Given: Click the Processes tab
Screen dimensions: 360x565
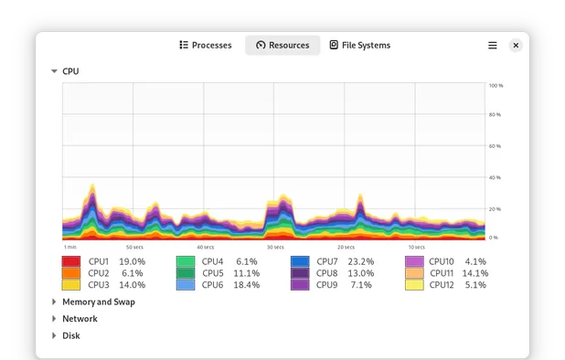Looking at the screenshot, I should pyautogui.click(x=206, y=45).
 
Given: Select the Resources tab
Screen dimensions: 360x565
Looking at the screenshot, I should pyautogui.click(x=282, y=45).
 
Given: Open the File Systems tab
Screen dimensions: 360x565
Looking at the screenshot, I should pyautogui.click(x=359, y=45).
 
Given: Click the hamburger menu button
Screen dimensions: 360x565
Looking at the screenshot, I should pyautogui.click(x=493, y=45).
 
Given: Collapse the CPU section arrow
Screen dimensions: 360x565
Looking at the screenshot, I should pyautogui.click(x=54, y=71).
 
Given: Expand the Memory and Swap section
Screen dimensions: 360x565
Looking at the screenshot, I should pyautogui.click(x=54, y=302).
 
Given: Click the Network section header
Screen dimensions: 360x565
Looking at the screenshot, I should pyautogui.click(x=80, y=319).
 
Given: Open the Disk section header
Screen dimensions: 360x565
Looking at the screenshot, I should pyautogui.click(x=70, y=335).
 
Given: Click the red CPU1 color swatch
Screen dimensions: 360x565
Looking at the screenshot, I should pyautogui.click(x=71, y=261).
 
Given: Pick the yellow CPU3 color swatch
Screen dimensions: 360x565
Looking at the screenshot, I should pyautogui.click(x=71, y=285).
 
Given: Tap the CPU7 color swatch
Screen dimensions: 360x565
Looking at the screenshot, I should pyautogui.click(x=300, y=261).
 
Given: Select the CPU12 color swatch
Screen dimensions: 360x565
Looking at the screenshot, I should pyautogui.click(x=414, y=285).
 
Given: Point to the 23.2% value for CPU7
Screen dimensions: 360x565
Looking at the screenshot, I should pyautogui.click(x=360, y=261).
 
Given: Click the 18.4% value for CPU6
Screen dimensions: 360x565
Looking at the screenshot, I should pyautogui.click(x=246, y=285).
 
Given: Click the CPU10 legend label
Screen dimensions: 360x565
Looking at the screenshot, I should pyautogui.click(x=441, y=261).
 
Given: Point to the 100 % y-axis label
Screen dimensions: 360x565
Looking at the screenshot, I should pyautogui.click(x=496, y=86).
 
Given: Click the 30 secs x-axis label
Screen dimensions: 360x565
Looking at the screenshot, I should pyautogui.click(x=275, y=247).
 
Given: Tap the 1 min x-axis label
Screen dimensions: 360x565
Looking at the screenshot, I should pyautogui.click(x=70, y=247).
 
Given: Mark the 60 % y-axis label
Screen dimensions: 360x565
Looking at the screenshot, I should pyautogui.click(x=496, y=146).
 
